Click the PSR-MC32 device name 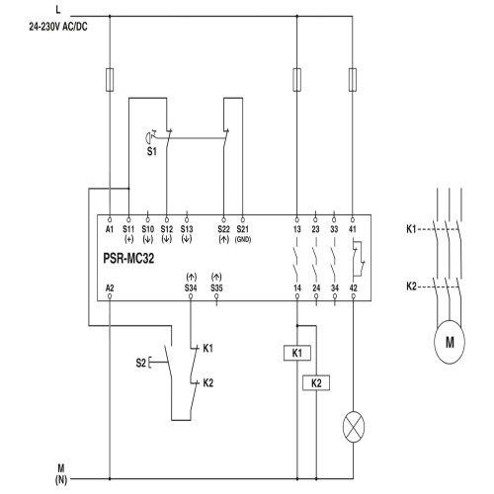pyautogui.click(x=128, y=258)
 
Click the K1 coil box pyautogui.click(x=297, y=353)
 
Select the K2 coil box pyautogui.click(x=316, y=383)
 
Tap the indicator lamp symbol pyautogui.click(x=354, y=427)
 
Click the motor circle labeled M pyautogui.click(x=450, y=342)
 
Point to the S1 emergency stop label pyautogui.click(x=151, y=151)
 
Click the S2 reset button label pyautogui.click(x=140, y=363)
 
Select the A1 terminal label pyautogui.click(x=110, y=229)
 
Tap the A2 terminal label pyautogui.click(x=110, y=288)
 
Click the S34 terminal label pyautogui.click(x=191, y=288)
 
